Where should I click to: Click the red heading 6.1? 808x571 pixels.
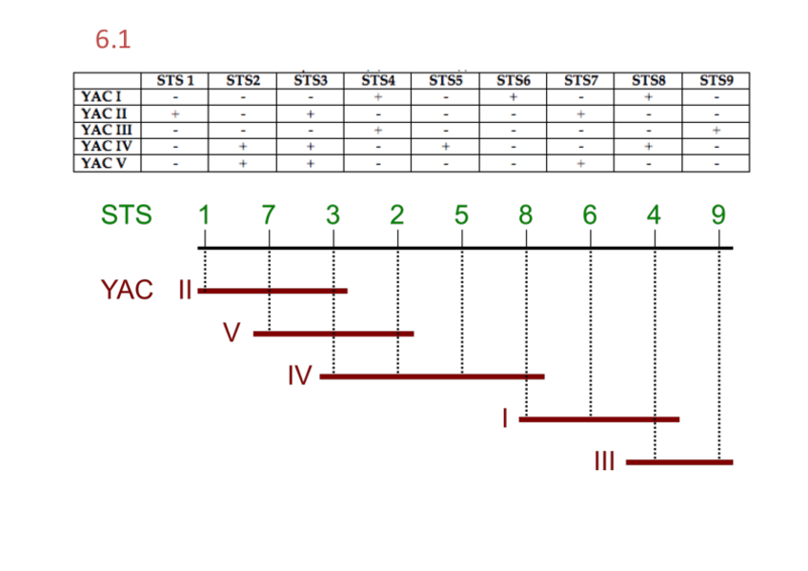112,40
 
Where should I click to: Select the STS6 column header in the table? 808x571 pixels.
513,81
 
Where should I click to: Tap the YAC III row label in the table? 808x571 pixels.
106,130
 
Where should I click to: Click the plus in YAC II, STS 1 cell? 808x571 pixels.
175,113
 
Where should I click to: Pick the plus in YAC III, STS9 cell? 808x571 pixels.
716,130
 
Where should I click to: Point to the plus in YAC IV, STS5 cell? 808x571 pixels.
445,147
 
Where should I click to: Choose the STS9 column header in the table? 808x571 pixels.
716,81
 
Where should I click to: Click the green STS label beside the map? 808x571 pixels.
126,215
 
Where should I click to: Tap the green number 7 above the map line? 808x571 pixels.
269,215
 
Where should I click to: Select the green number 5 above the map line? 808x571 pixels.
461,215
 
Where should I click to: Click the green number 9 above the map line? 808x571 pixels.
718,215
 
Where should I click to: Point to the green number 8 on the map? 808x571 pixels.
525,215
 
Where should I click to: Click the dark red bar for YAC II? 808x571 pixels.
273,290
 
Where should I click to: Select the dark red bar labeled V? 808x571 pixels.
333,334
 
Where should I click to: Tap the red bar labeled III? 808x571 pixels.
679,462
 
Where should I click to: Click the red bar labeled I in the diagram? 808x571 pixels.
598,418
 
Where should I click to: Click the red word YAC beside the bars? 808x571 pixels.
127,290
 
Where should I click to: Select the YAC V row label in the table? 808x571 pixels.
106,163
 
